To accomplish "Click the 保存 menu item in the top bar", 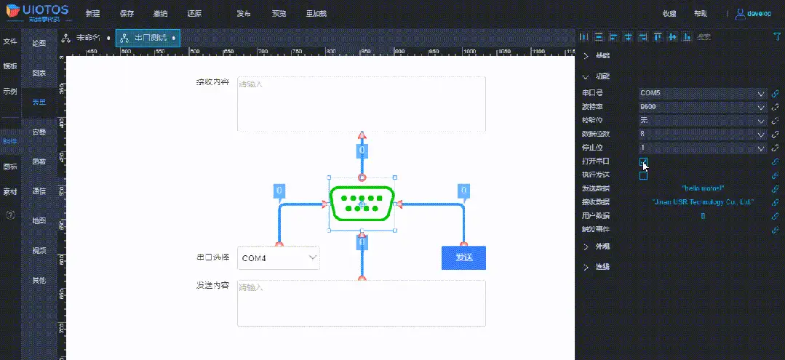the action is click(x=127, y=14).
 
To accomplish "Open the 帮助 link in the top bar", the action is click(x=700, y=14).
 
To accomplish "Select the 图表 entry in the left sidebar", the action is click(x=39, y=73).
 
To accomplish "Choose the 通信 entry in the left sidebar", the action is click(x=39, y=191).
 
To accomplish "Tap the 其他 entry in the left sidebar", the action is click(x=39, y=280).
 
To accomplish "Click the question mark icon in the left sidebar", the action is click(x=10, y=215).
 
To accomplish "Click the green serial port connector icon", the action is click(x=362, y=203).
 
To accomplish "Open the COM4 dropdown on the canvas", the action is click(x=279, y=257).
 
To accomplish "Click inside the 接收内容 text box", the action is click(x=361, y=103).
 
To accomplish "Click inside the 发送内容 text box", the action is click(x=361, y=303).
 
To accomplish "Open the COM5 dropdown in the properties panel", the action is click(x=703, y=93).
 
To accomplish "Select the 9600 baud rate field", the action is click(x=703, y=107).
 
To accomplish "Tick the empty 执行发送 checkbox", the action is click(x=643, y=175).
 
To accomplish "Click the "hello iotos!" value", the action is click(x=703, y=189).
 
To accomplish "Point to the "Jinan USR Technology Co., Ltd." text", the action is click(x=703, y=202).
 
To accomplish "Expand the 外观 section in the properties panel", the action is click(x=602, y=247).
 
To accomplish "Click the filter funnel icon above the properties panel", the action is click(x=776, y=37).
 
